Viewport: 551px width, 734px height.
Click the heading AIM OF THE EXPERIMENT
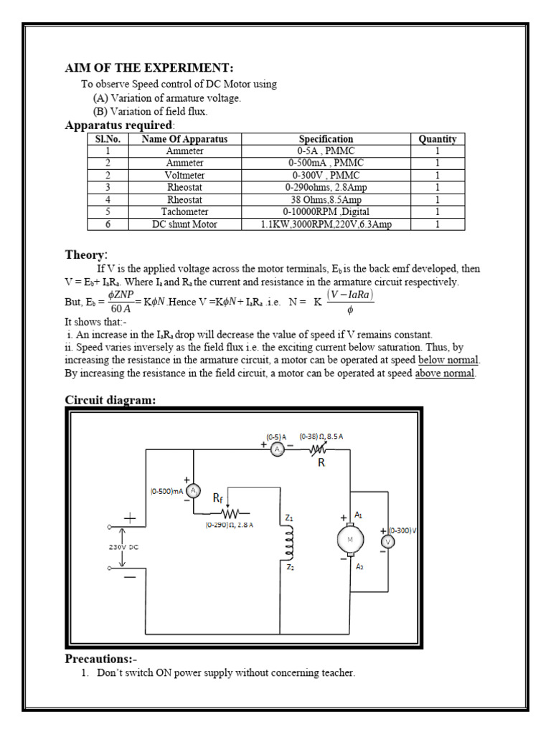(149, 68)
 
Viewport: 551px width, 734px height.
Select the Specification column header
(326, 139)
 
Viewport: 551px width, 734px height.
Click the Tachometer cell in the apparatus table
(184, 212)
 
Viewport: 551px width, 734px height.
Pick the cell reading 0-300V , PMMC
(326, 176)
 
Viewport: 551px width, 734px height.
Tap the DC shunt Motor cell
(184, 224)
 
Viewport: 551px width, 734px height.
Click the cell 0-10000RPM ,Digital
(326, 212)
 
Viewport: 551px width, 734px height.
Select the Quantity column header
(437, 139)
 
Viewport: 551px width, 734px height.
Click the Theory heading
(86, 254)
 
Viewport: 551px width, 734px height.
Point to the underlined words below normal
(448, 360)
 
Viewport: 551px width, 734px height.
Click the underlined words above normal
(445, 373)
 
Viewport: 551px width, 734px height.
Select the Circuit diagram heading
(110, 400)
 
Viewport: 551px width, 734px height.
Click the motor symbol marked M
(351, 540)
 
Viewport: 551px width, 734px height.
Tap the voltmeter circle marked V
(387, 542)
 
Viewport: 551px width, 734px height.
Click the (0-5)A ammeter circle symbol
(277, 449)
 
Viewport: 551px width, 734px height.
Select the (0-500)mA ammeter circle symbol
(193, 491)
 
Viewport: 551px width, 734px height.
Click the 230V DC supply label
(124, 547)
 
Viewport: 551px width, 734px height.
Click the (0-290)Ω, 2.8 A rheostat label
(229, 525)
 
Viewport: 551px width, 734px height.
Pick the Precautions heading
(100, 658)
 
